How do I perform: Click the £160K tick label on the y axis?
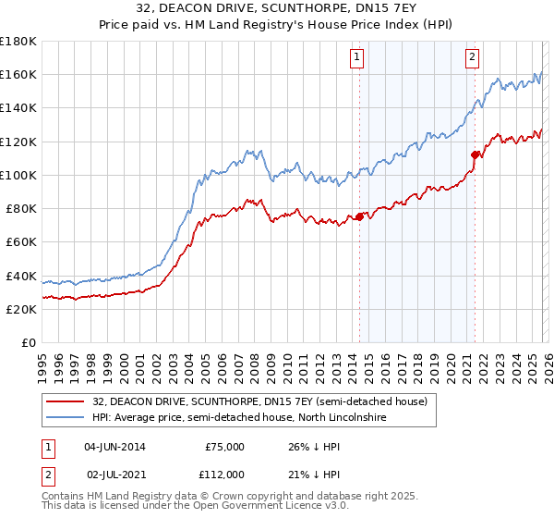pos(18,75)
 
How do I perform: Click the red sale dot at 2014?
pos(359,217)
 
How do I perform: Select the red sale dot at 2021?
pos(476,155)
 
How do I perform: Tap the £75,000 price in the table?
pos(224,447)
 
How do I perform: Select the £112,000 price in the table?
pos(222,474)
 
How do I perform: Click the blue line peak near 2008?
pos(247,150)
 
